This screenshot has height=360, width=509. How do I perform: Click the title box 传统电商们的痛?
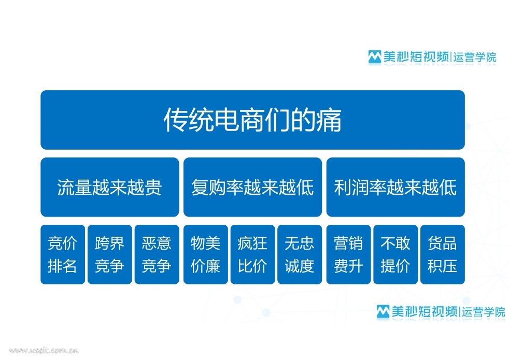pos(252,120)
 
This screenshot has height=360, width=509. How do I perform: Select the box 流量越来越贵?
pos(110,187)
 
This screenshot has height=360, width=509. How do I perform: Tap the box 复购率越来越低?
pos(252,187)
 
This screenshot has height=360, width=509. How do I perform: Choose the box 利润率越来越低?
pos(395,187)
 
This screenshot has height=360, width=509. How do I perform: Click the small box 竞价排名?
pos(63,254)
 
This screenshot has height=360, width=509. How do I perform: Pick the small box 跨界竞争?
pos(110,254)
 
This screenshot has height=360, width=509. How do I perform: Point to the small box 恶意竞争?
pos(157,254)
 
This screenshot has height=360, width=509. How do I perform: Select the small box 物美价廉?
pos(205,254)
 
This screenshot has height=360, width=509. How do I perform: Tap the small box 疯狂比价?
pos(252,254)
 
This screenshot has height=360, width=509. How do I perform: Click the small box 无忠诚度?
pos(300,254)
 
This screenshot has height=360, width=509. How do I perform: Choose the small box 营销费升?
pos(348,254)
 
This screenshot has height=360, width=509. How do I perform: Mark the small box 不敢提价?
pos(395,254)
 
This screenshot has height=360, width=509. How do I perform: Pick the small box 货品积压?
pos(443,254)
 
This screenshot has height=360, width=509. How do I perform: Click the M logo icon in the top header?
pos(375,57)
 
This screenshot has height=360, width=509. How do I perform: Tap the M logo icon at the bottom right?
pos(383,312)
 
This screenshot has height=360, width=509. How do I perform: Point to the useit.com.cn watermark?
pos(44,350)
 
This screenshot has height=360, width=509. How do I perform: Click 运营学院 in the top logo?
pos(475,57)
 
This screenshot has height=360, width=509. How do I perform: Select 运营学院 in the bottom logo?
pos(484,312)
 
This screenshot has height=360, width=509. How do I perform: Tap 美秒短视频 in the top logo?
pos(416,57)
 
